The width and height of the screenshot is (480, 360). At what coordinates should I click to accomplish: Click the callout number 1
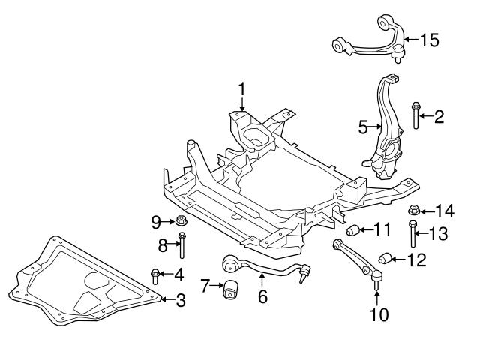241,90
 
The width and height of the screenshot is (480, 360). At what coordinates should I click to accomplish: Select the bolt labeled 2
415,115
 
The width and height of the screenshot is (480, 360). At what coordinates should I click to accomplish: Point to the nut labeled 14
413,209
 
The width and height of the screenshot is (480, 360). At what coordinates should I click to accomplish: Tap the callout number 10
379,314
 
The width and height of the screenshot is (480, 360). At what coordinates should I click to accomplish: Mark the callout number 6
262,297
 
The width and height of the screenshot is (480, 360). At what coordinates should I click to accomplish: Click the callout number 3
181,301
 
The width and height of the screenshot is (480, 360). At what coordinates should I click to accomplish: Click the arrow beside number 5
376,127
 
